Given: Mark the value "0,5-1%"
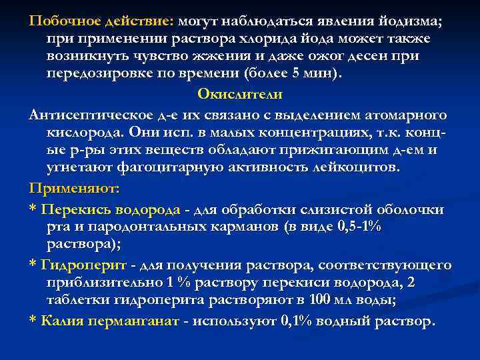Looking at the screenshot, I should click(x=357, y=228).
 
